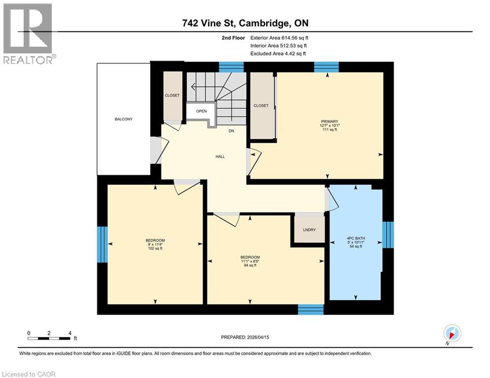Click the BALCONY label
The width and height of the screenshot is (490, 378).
click(x=124, y=119)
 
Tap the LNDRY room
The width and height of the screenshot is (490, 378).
click(x=309, y=230)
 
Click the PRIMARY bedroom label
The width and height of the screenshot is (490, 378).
click(x=329, y=121)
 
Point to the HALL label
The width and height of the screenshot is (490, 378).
click(x=220, y=157)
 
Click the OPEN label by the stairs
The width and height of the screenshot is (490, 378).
click(x=201, y=111)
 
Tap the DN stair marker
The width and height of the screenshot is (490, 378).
click(x=231, y=131)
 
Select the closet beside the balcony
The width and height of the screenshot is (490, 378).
click(x=172, y=95)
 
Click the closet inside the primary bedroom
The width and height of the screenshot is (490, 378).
click(x=261, y=105)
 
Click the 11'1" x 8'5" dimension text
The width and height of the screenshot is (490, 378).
click(x=250, y=261)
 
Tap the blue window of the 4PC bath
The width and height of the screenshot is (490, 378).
click(x=388, y=234)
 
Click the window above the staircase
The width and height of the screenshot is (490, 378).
click(x=231, y=67)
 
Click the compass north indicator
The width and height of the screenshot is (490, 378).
click(x=452, y=334)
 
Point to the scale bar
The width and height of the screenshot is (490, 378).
click(x=49, y=338)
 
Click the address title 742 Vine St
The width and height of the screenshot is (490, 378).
click(x=245, y=24)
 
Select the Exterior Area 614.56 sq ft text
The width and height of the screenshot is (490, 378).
click(x=279, y=38)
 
